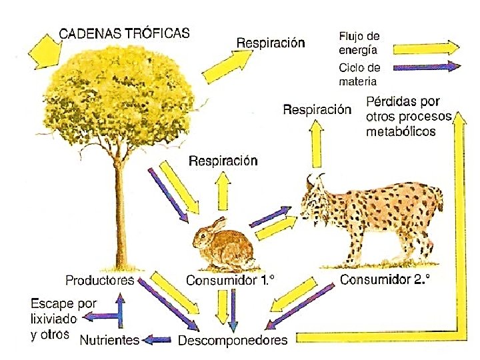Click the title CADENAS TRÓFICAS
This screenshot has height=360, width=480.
click(125, 33)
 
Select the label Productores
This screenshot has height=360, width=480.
click(99, 280)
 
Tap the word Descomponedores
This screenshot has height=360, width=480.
click(233, 341)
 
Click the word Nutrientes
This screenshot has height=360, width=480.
click(109, 340)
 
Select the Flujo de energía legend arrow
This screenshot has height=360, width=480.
click(426, 48)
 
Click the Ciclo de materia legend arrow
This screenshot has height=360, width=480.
click(426, 67)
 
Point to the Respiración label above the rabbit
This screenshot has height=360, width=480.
click(223, 161)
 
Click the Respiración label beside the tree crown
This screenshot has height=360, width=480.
click(271, 43)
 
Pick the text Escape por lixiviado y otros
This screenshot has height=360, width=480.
click(63, 319)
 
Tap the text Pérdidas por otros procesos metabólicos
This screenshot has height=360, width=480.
click(409, 116)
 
